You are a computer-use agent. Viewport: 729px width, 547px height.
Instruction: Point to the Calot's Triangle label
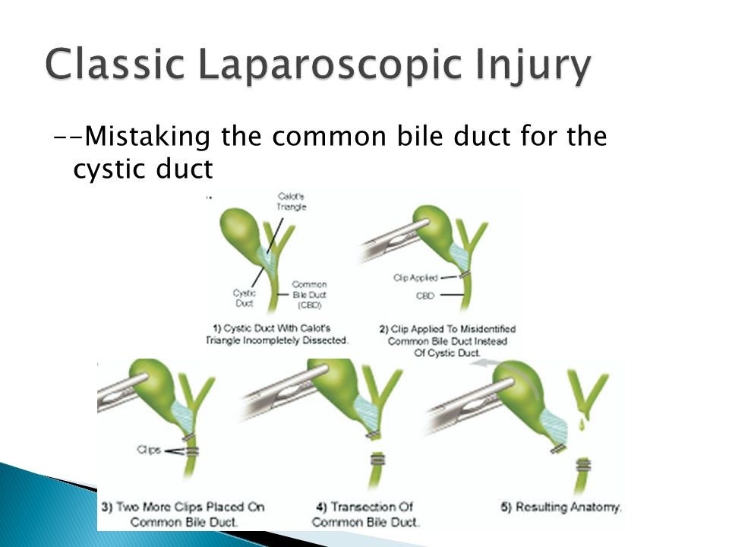(x=291, y=201)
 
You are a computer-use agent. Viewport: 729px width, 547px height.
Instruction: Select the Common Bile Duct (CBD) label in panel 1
(x=309, y=295)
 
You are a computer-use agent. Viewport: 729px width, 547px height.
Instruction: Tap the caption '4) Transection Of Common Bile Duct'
(x=364, y=514)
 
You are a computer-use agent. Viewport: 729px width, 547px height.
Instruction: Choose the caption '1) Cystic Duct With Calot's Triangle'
(x=278, y=335)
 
